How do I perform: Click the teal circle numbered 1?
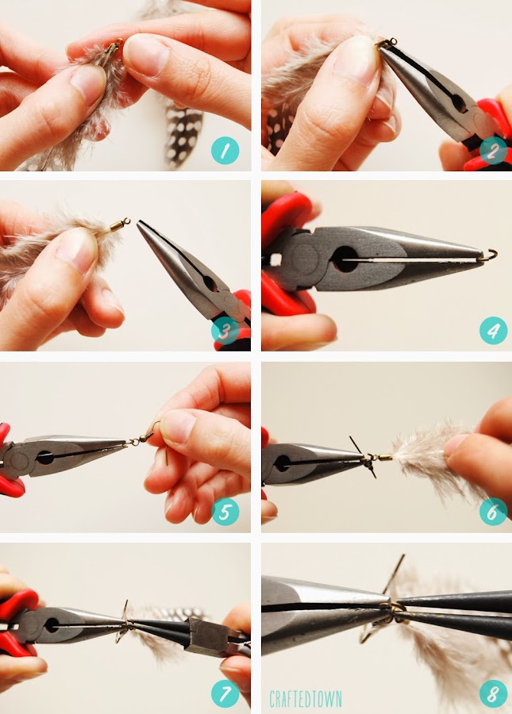[x=225, y=150]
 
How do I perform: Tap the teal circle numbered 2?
[x=493, y=150]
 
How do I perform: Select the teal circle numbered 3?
[x=225, y=331]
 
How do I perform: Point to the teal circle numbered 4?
[x=493, y=331]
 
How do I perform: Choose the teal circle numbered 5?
[x=225, y=512]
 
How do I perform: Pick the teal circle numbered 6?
[x=493, y=512]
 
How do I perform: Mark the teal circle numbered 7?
[x=225, y=693]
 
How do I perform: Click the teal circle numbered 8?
[x=493, y=693]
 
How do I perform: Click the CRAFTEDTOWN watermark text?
[x=305, y=698]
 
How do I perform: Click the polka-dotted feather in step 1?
[x=183, y=132]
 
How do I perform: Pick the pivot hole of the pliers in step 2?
[x=459, y=104]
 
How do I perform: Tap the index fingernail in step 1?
[x=147, y=55]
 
